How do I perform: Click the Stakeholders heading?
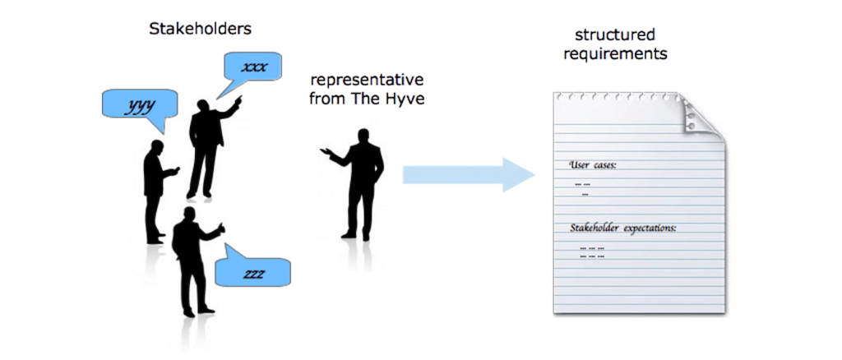pos(200,29)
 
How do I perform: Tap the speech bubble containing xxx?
pos(252,67)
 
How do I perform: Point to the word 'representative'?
pos(366,81)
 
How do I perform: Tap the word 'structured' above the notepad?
pos(614,35)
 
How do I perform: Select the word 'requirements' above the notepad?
pos(615,54)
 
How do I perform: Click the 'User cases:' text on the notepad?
pos(593,165)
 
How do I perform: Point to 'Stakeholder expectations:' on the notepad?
pos(622,228)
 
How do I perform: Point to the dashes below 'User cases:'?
pos(584,188)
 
